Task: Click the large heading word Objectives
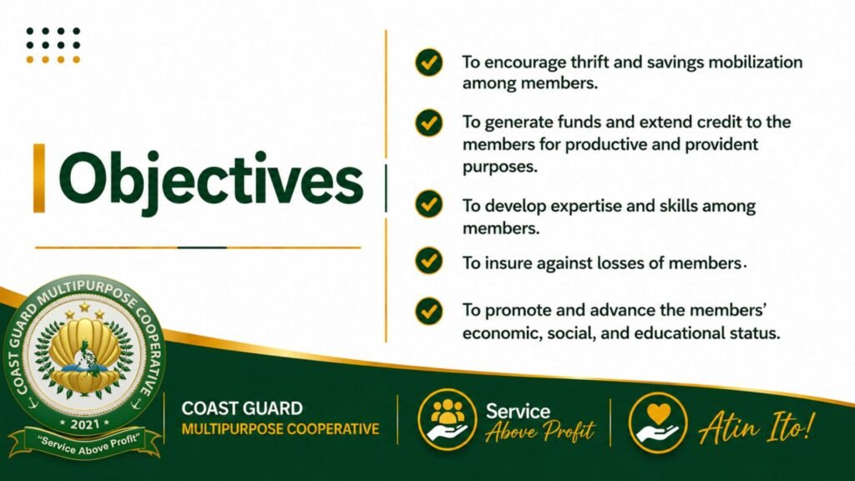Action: click(x=211, y=181)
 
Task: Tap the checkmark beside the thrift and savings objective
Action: click(x=429, y=62)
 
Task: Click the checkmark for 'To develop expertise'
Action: click(x=429, y=204)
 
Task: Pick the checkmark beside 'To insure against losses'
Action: click(x=429, y=261)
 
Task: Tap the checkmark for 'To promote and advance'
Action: click(x=429, y=311)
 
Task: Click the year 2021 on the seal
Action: click(x=84, y=423)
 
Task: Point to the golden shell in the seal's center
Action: click(x=84, y=354)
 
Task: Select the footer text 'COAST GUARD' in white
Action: click(x=242, y=408)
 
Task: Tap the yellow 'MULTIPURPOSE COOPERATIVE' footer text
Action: click(x=281, y=429)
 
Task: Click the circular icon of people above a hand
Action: click(x=448, y=419)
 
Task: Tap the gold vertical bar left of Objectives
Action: click(x=39, y=178)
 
